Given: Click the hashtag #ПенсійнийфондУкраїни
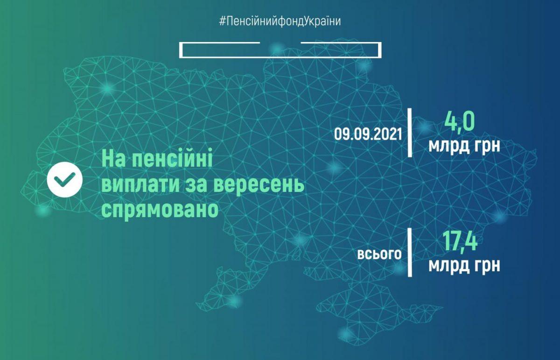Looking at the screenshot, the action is [x=280, y=21].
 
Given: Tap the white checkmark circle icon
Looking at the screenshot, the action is [x=65, y=179].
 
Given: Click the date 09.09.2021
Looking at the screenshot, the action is [x=368, y=134].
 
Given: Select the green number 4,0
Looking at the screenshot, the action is [x=459, y=122].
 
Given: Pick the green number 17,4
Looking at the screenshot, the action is [x=460, y=241].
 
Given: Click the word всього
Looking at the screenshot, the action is [x=379, y=254].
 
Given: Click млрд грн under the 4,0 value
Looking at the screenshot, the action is [x=464, y=146].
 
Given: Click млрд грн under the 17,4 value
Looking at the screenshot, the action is [x=464, y=265].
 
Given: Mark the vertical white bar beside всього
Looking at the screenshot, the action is [x=410, y=253].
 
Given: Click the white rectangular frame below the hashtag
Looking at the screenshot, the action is [x=280, y=56].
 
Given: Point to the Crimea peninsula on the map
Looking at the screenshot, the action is [x=375, y=310].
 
